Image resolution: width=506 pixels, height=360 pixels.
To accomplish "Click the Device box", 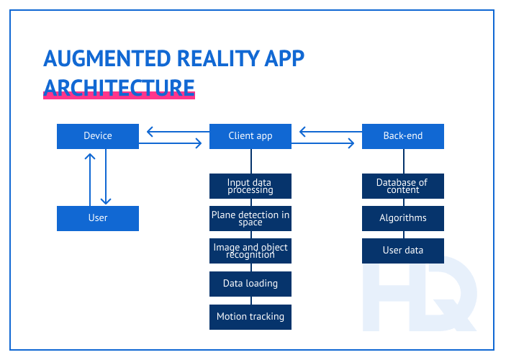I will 97,136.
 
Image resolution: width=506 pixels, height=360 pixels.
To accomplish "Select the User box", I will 97,218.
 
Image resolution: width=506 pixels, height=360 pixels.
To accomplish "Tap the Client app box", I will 250,136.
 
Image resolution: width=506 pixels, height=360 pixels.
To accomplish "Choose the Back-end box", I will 402,136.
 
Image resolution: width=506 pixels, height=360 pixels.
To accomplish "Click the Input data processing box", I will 250,186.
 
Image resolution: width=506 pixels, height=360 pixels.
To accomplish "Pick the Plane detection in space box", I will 250,218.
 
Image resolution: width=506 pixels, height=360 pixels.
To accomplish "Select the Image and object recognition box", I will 250,251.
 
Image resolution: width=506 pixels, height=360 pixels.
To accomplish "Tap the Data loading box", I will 250,284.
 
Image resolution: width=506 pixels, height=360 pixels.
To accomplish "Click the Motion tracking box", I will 250,317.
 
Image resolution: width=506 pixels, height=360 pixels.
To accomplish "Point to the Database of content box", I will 402,186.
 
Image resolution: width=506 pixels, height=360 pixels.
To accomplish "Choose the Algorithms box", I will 402,218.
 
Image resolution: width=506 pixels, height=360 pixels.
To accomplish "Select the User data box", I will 402,251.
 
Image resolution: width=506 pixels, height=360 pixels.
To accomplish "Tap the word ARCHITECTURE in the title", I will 119,87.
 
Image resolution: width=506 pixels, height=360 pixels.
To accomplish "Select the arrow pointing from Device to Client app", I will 173,143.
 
